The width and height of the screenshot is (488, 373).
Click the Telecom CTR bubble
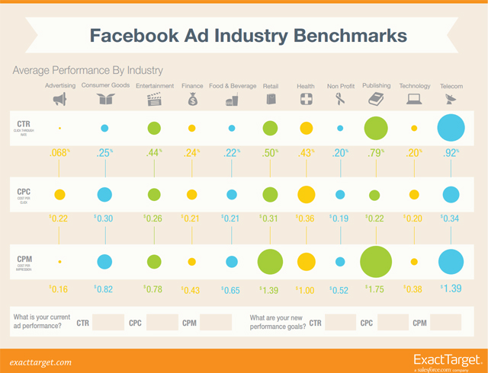tap(451, 128)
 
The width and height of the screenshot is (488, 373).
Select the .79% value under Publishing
tap(375, 155)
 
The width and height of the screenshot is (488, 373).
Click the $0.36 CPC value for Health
tap(306, 218)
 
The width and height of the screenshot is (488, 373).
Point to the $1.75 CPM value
tap(374, 290)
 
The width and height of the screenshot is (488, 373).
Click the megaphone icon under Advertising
tap(59, 99)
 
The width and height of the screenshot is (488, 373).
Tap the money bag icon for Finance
tap(192, 99)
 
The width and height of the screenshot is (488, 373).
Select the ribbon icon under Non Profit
tap(340, 99)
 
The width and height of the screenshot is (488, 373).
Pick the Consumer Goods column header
tap(105, 86)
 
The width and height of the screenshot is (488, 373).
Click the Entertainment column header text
tap(154, 86)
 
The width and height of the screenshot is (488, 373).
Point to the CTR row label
tap(22, 123)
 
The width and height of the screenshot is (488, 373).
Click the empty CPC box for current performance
tap(161, 323)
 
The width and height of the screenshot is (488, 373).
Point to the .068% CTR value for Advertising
tap(59, 155)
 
